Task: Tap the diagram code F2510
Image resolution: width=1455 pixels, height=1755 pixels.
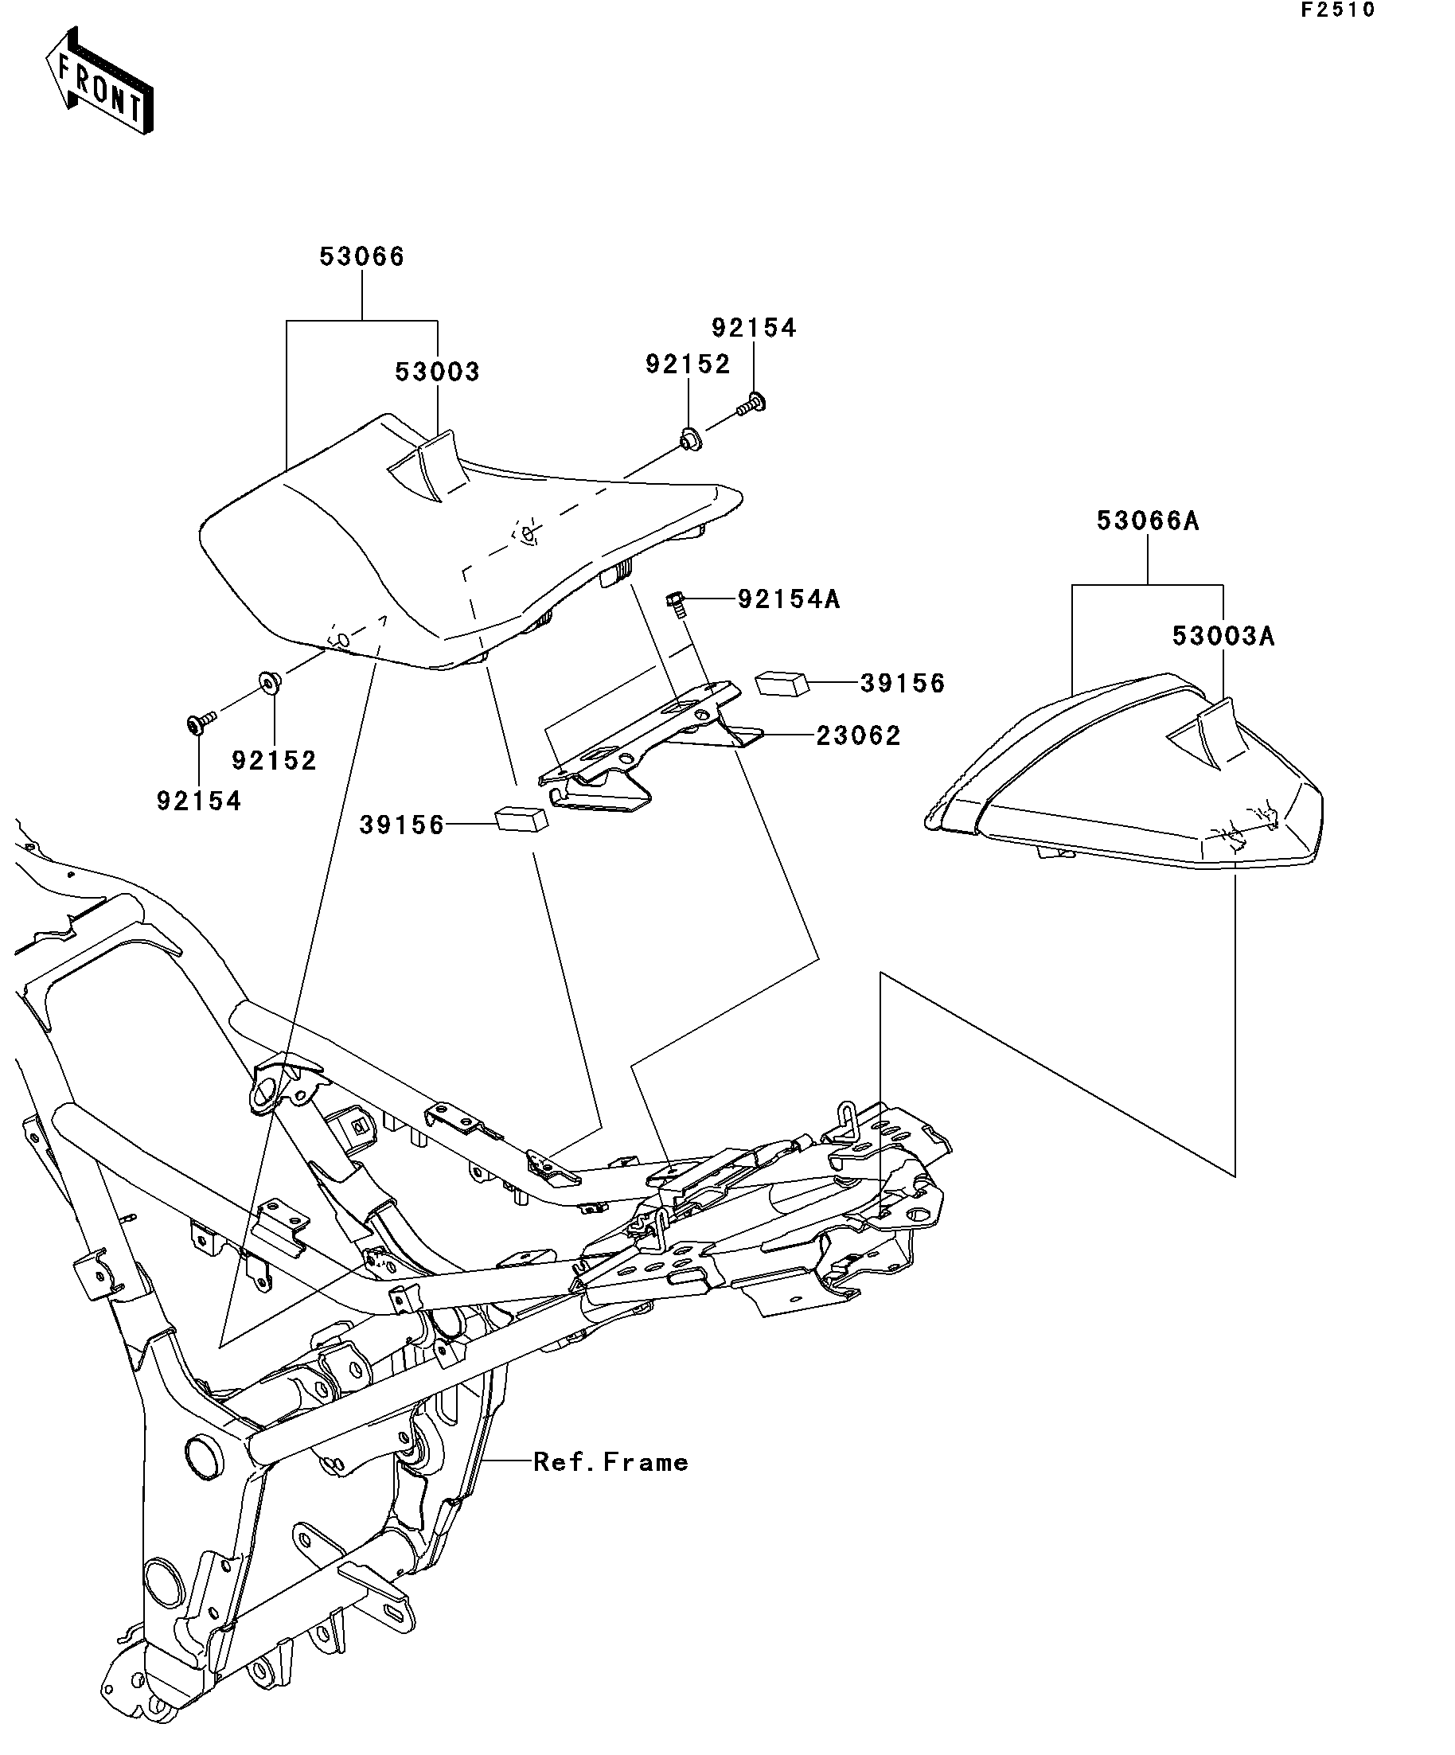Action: tap(1336, 10)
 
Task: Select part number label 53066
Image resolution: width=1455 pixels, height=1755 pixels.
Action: tap(362, 256)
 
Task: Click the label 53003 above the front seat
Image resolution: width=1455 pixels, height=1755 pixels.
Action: tap(437, 372)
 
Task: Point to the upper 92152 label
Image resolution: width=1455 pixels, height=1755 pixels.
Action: tap(688, 365)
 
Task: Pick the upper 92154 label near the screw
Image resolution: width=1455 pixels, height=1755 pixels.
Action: tap(754, 328)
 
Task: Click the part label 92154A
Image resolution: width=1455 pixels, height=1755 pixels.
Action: tap(788, 599)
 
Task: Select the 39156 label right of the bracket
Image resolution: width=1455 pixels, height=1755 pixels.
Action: tap(903, 684)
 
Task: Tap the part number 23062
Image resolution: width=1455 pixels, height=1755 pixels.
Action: tap(858, 736)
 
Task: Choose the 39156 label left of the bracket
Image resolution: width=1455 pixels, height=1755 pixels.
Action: tap(402, 825)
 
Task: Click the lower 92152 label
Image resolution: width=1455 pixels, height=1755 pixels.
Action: tap(274, 761)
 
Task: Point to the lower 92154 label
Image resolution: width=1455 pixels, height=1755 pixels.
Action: tap(199, 801)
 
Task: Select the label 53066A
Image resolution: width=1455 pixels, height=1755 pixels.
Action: tap(1148, 521)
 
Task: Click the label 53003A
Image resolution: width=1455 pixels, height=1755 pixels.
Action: tap(1223, 637)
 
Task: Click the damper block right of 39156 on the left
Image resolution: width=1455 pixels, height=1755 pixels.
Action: tap(522, 817)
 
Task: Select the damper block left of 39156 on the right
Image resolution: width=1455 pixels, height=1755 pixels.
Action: tap(782, 684)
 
